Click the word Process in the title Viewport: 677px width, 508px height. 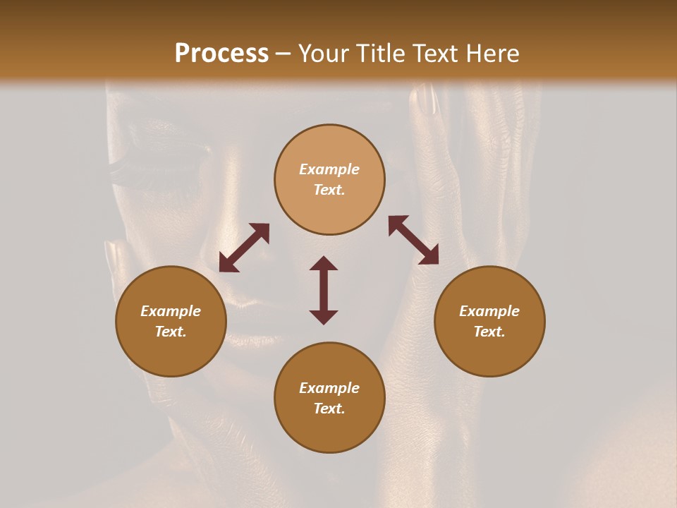[221, 54]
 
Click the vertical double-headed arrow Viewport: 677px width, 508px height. [324, 290]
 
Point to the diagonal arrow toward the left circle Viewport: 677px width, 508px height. [244, 248]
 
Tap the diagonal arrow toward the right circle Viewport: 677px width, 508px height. [413, 240]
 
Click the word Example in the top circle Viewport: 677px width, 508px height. [329, 169]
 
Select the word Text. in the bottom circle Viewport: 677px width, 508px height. [329, 409]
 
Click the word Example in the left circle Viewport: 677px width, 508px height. [171, 311]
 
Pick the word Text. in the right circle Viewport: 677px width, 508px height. [489, 332]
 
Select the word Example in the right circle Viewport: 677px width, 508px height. [489, 311]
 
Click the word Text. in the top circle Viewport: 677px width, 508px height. [329, 190]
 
